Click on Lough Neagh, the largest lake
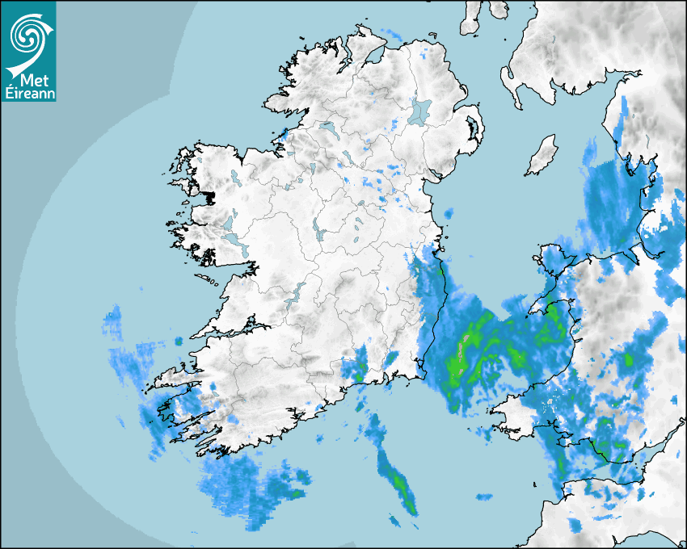point(419,111)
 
